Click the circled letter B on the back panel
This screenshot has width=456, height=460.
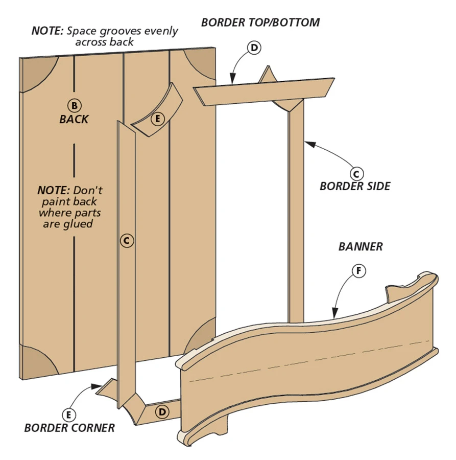tap(74, 105)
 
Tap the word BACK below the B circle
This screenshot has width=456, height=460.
tap(74, 120)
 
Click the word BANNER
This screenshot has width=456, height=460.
tap(361, 247)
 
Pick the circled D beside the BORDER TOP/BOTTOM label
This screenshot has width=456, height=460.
tap(254, 48)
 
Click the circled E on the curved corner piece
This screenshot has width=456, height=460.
tap(158, 119)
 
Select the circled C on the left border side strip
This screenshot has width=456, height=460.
tap(127, 240)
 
